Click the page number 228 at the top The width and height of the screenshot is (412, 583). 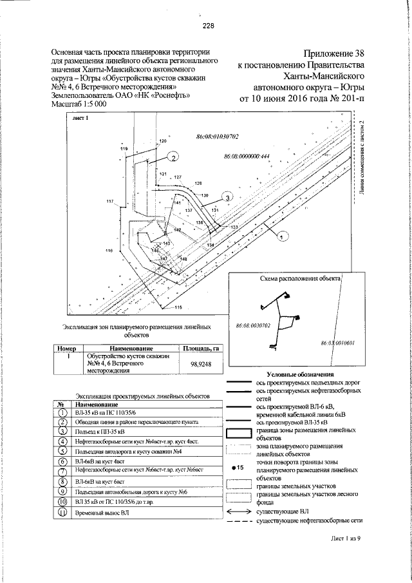pyautogui.click(x=207, y=26)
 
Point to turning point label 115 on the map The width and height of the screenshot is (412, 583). pyautogui.click(x=178, y=307)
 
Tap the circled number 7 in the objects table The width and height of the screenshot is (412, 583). pyautogui.click(x=63, y=472)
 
